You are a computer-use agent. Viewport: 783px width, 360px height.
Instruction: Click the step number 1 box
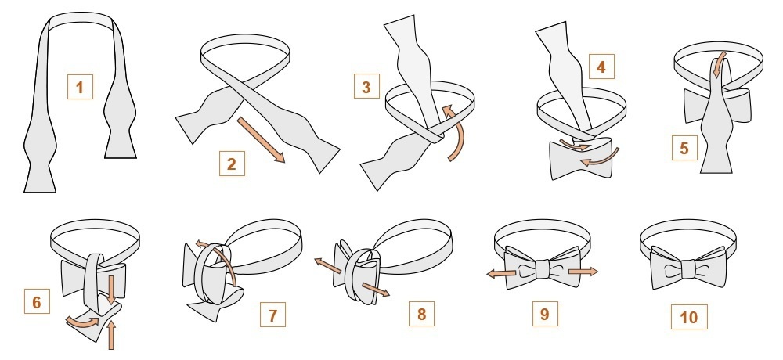80,85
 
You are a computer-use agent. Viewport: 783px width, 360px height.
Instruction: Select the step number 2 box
231,164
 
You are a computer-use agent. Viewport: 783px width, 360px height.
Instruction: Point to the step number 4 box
601,67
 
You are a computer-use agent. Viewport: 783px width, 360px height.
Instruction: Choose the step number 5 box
685,148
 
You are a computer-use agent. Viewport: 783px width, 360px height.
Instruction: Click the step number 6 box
37,302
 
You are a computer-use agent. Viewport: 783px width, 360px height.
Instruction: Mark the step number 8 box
421,315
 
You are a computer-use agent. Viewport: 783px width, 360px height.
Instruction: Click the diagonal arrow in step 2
262,139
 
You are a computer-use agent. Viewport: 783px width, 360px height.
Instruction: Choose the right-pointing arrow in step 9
583,272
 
